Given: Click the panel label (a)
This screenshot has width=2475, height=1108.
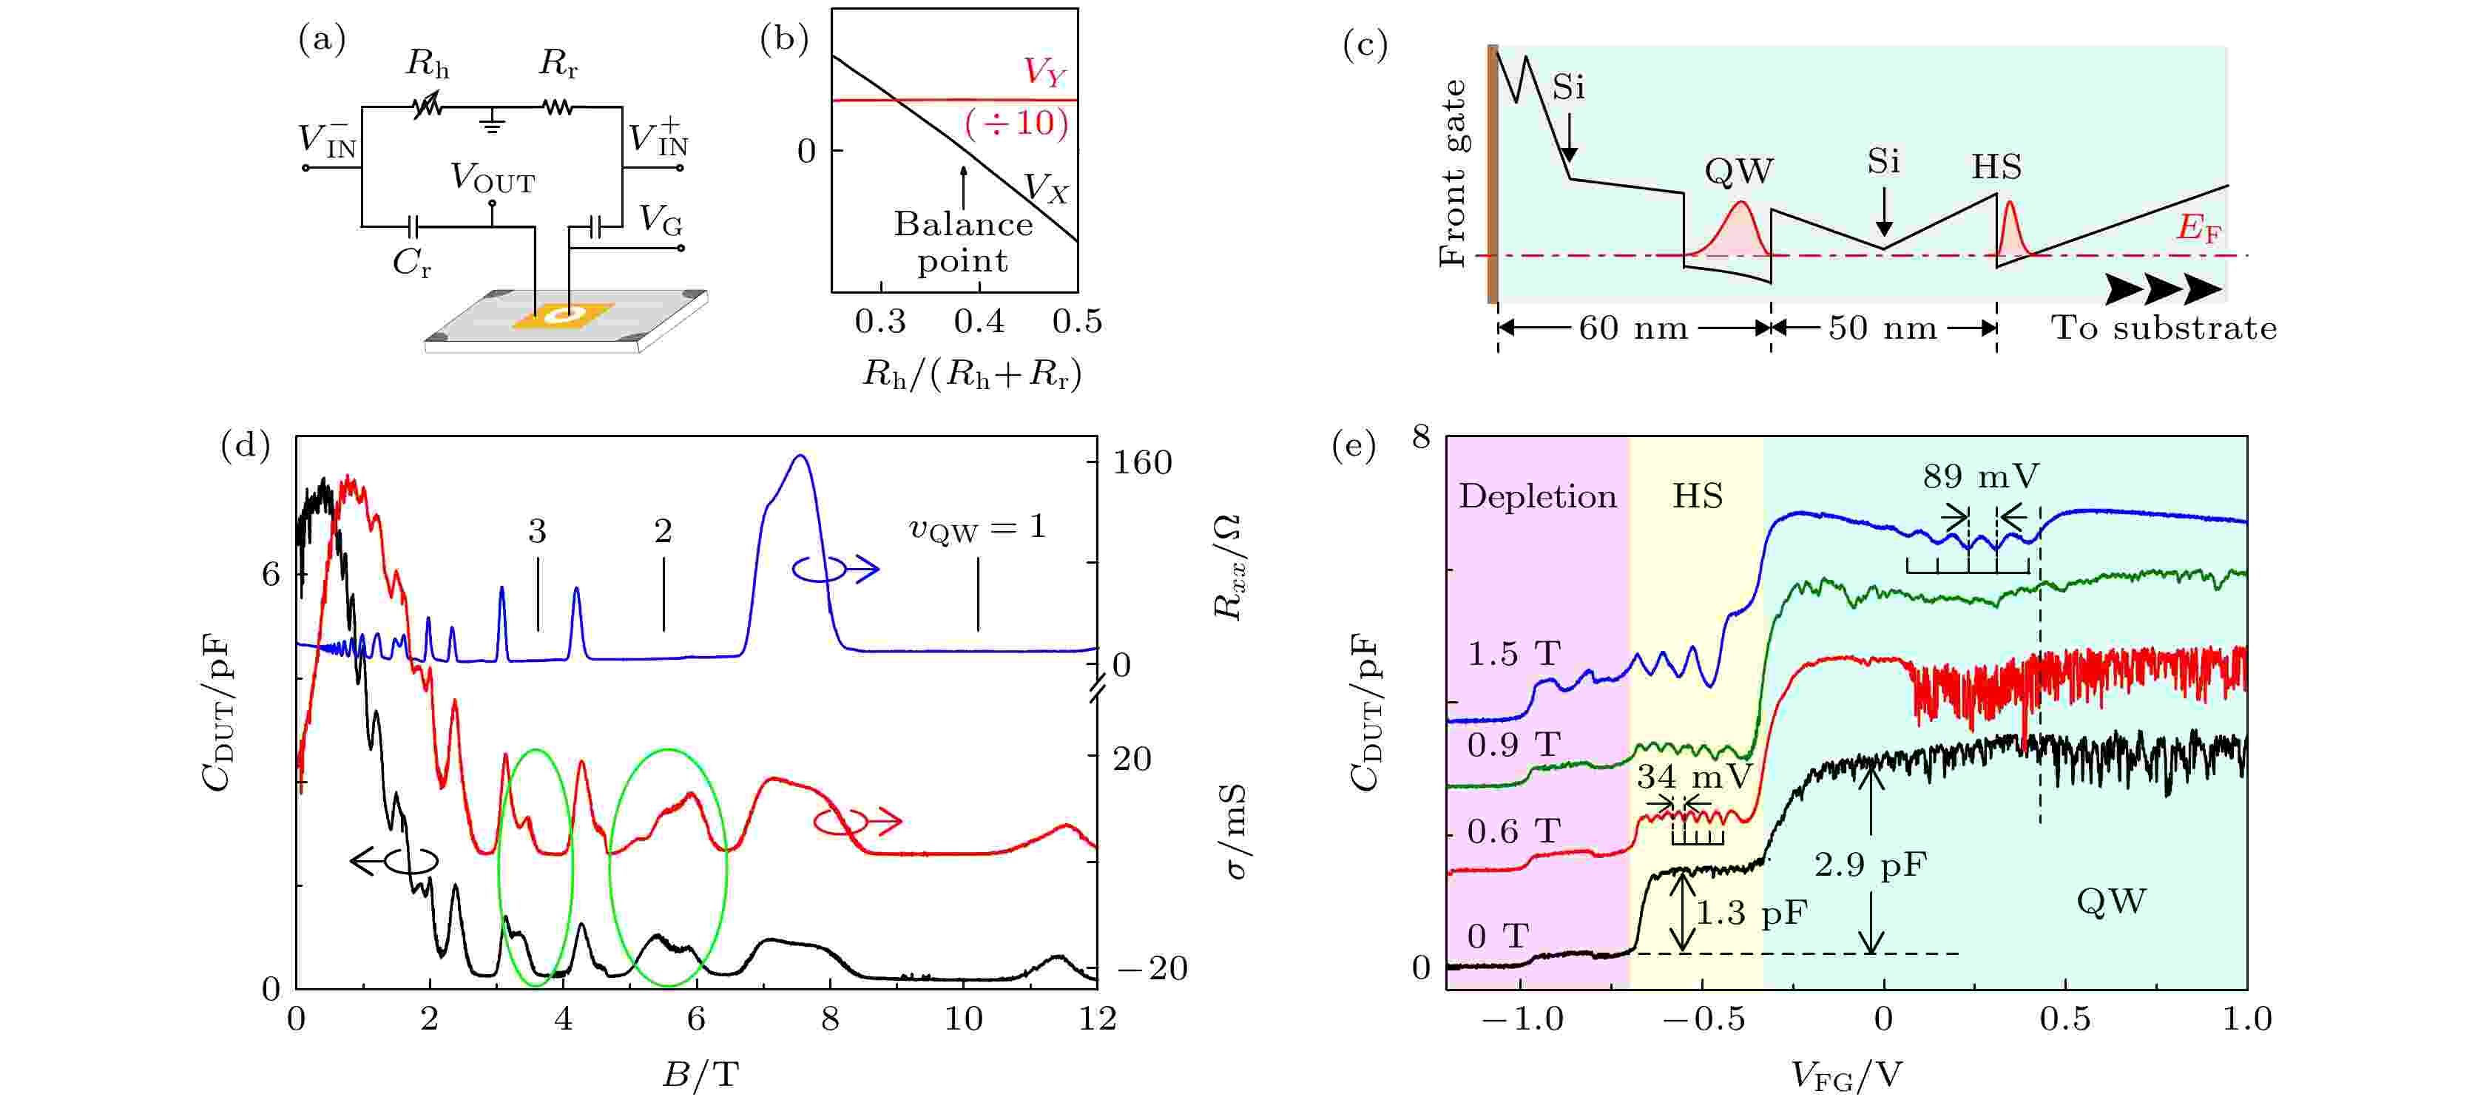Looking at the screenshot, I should pyautogui.click(x=322, y=41).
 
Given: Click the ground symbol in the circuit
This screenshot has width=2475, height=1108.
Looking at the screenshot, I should pyautogui.click(x=492, y=121).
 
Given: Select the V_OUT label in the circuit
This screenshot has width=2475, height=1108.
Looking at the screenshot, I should pyautogui.click(x=492, y=179).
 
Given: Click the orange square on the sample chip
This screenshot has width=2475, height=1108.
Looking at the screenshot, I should pyautogui.click(x=563, y=315).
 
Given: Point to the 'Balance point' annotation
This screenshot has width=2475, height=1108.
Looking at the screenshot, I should pyautogui.click(x=963, y=242).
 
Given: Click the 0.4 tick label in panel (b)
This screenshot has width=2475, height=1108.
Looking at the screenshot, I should pyautogui.click(x=979, y=322).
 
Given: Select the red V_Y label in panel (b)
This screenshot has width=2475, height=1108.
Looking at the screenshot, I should pyautogui.click(x=1044, y=72).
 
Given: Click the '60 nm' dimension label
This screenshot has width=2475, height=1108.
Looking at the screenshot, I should pyautogui.click(x=1633, y=328).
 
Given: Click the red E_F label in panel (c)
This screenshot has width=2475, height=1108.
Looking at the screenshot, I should pyautogui.click(x=2198, y=229).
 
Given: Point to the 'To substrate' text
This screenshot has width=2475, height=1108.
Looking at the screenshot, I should pyautogui.click(x=2164, y=328).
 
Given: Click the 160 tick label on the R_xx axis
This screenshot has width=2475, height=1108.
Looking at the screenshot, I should pyautogui.click(x=1142, y=463).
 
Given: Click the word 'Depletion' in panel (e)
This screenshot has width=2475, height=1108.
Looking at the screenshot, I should pyautogui.click(x=1537, y=497).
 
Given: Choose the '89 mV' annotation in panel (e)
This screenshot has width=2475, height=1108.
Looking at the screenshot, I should pyautogui.click(x=1980, y=476).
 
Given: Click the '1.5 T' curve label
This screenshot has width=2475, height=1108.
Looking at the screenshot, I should pyautogui.click(x=1513, y=655).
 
